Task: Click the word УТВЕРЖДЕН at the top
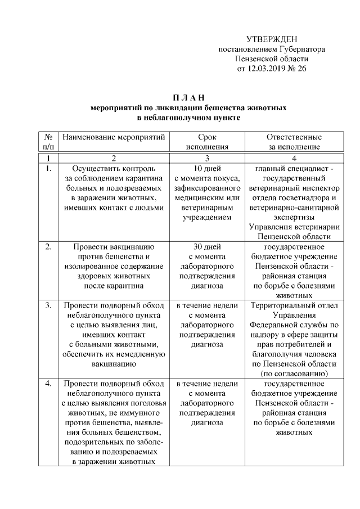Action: point(272,39)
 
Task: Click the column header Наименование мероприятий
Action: point(114,137)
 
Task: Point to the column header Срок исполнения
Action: point(207,142)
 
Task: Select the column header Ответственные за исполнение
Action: point(294,142)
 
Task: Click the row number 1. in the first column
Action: point(48,168)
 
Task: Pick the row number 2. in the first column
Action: point(48,246)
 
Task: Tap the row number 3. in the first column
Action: point(48,305)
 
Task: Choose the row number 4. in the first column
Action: point(48,384)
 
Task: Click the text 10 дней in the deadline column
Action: point(207,168)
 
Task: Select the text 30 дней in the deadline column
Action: point(207,246)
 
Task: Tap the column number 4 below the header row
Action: point(294,158)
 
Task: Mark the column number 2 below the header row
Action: point(114,158)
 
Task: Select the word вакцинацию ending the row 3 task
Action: point(114,364)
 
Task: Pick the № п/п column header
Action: point(48,142)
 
